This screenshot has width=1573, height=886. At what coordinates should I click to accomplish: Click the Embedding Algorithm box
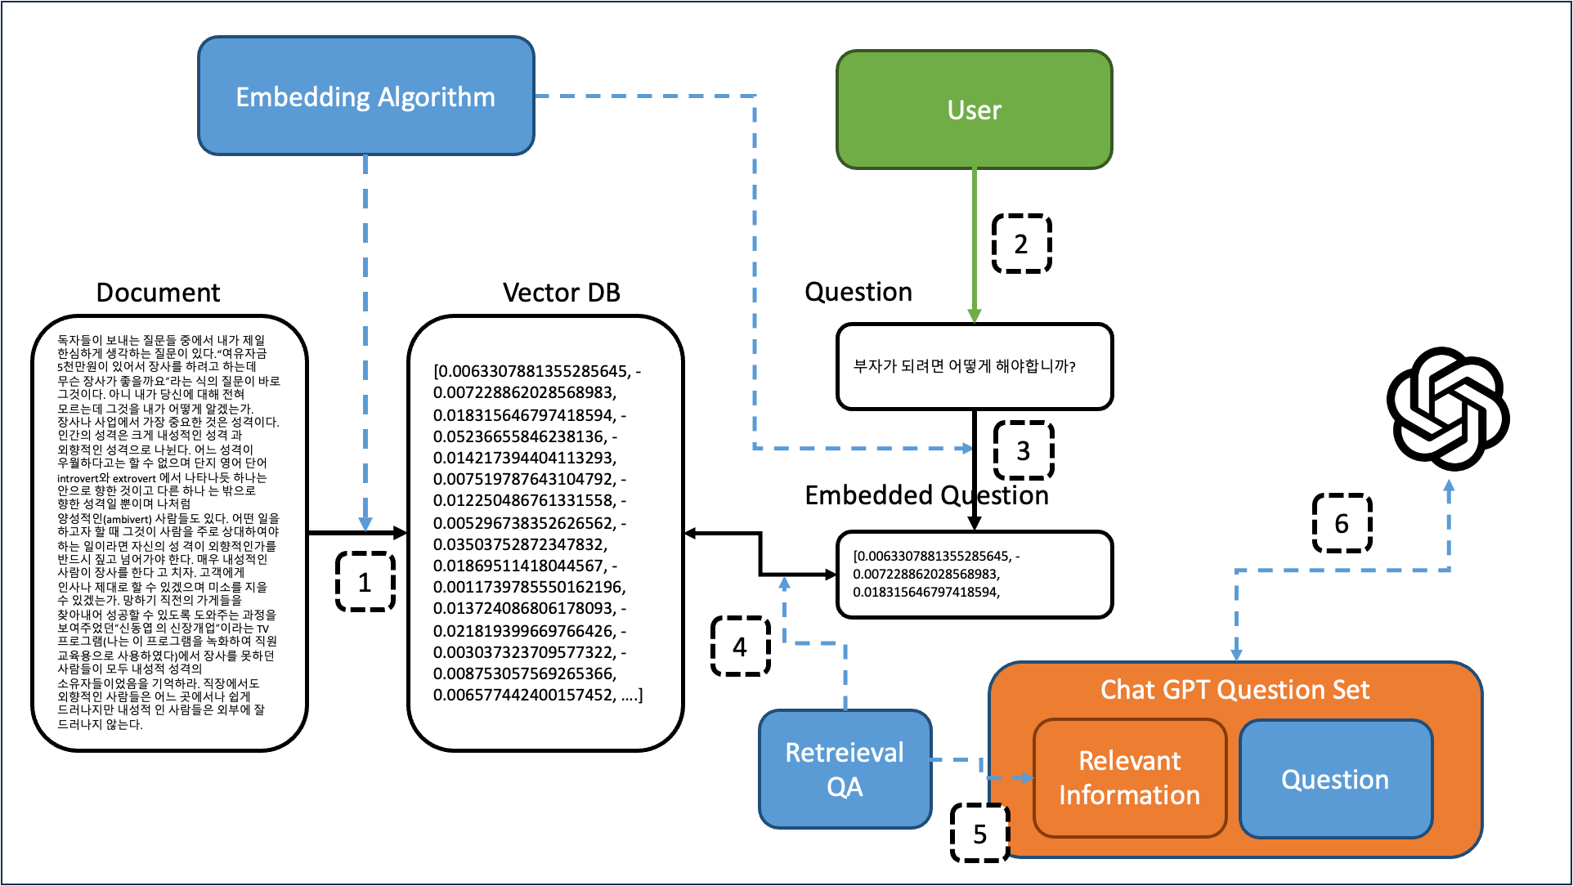pyautogui.click(x=365, y=96)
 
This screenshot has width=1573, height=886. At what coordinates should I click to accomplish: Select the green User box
pyautogui.click(x=974, y=110)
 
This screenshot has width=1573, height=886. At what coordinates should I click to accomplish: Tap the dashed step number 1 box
pyautogui.click(x=365, y=582)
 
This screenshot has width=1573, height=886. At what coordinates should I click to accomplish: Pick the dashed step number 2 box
pyautogui.click(x=1021, y=244)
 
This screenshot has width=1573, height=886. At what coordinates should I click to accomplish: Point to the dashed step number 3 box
pyautogui.click(x=1023, y=450)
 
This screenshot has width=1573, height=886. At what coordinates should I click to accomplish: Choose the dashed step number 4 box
pyautogui.click(x=740, y=647)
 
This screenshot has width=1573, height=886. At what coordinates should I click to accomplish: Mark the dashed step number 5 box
pyautogui.click(x=979, y=834)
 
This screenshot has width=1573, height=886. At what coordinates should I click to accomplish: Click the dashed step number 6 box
pyautogui.click(x=1342, y=523)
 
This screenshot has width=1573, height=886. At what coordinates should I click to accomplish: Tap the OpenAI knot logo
pyautogui.click(x=1447, y=409)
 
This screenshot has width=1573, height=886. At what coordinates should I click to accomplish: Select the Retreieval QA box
pyautogui.click(x=845, y=769)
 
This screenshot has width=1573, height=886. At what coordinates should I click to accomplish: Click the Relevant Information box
pyautogui.click(x=1129, y=778)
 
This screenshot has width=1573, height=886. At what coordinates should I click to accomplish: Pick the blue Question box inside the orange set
pyautogui.click(x=1335, y=779)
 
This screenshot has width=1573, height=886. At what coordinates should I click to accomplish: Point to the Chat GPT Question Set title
pyautogui.click(x=1235, y=690)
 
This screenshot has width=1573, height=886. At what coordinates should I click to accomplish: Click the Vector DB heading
pyautogui.click(x=561, y=293)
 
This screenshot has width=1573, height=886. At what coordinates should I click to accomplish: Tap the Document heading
pyautogui.click(x=158, y=293)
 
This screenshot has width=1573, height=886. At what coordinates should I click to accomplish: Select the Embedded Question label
pyautogui.click(x=926, y=495)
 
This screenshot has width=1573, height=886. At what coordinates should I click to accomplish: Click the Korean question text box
pyautogui.click(x=974, y=366)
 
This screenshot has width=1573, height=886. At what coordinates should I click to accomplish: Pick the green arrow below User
pyautogui.click(x=974, y=245)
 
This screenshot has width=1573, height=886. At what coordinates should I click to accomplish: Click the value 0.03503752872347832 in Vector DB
pyautogui.click(x=520, y=544)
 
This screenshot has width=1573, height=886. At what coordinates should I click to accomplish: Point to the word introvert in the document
pyautogui.click(x=77, y=479)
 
